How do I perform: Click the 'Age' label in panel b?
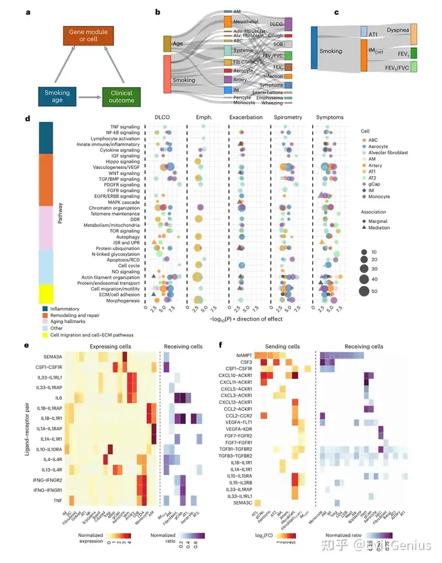pyautogui.click(x=179, y=44)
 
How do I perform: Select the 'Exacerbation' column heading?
pyautogui.click(x=246, y=117)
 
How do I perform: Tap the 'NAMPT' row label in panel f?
pyautogui.click(x=241, y=355)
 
